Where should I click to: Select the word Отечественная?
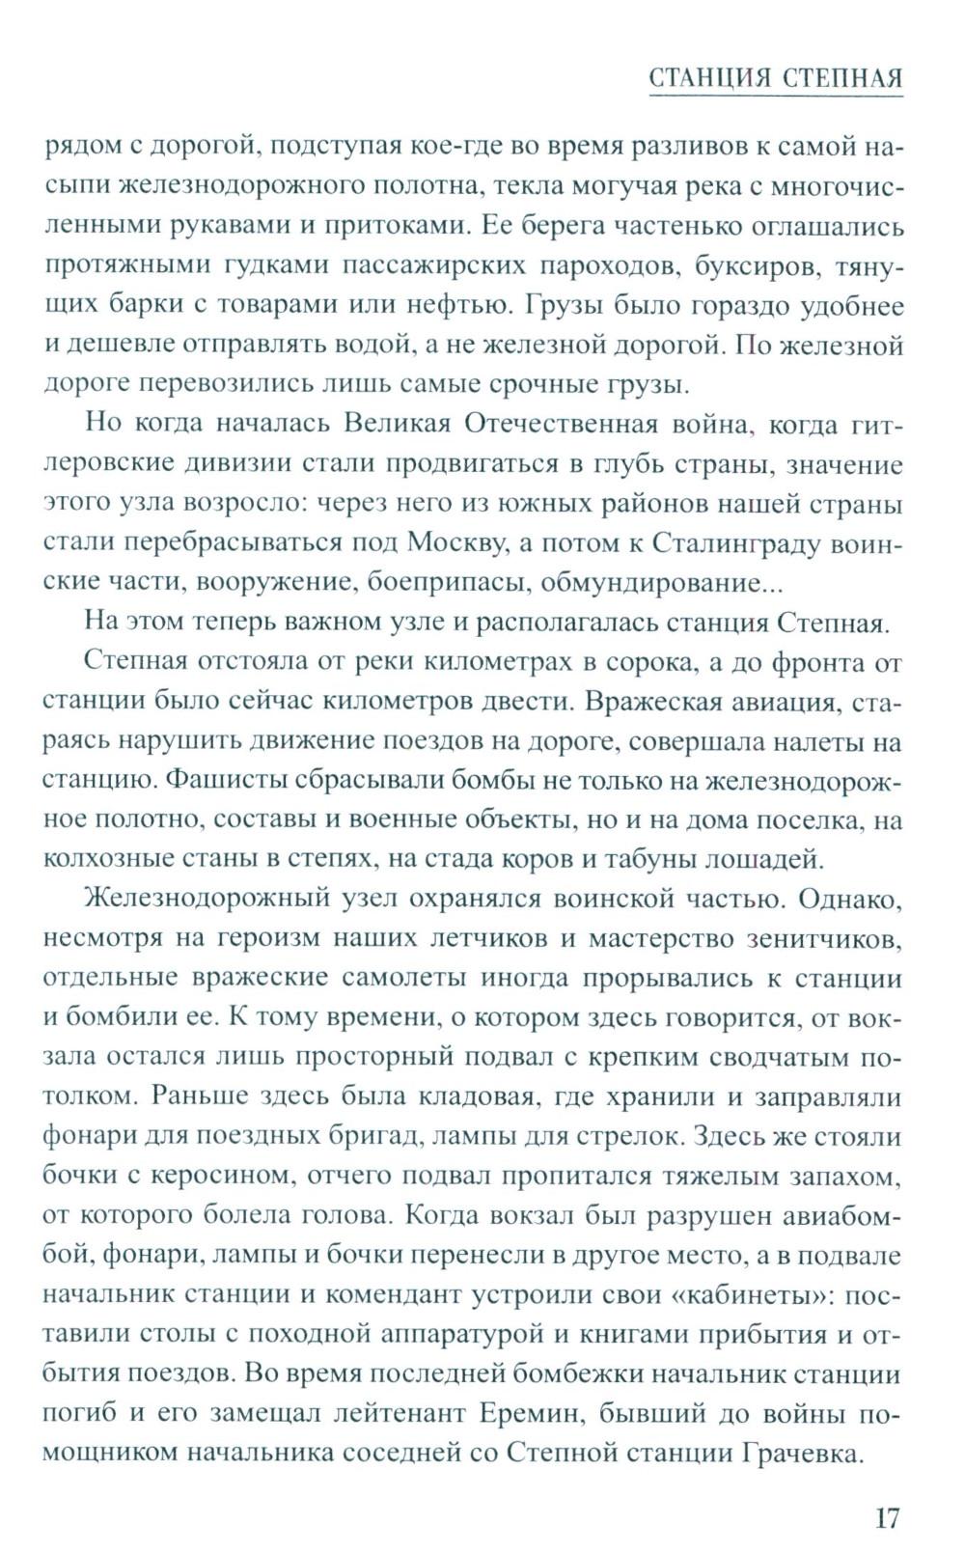click(557, 425)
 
